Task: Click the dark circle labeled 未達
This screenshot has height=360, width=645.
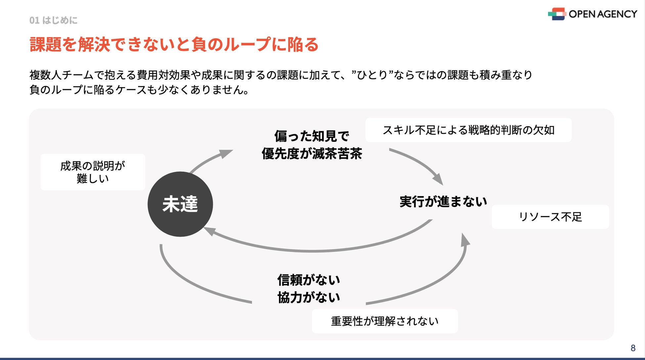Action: [x=180, y=204]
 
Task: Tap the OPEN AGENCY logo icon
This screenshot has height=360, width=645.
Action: [x=557, y=14]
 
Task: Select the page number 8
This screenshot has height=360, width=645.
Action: [x=633, y=348]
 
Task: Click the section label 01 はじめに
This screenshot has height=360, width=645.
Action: [x=53, y=20]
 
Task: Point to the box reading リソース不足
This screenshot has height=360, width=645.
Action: [x=550, y=217]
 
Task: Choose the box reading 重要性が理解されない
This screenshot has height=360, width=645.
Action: [x=385, y=321]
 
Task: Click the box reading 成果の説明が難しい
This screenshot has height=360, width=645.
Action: [x=93, y=172]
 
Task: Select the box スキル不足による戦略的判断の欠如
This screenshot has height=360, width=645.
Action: [x=468, y=130]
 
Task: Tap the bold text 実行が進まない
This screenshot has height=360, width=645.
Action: [x=443, y=201]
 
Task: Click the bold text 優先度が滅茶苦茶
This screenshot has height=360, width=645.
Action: [x=312, y=154]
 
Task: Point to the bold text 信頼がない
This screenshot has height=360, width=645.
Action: [x=309, y=280]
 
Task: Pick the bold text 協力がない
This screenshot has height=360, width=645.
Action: [x=309, y=298]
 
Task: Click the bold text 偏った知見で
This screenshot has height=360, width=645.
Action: [x=312, y=136]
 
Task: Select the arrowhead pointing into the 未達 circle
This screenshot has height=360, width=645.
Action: [x=208, y=230]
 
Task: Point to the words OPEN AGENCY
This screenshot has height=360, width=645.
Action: [x=603, y=14]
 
